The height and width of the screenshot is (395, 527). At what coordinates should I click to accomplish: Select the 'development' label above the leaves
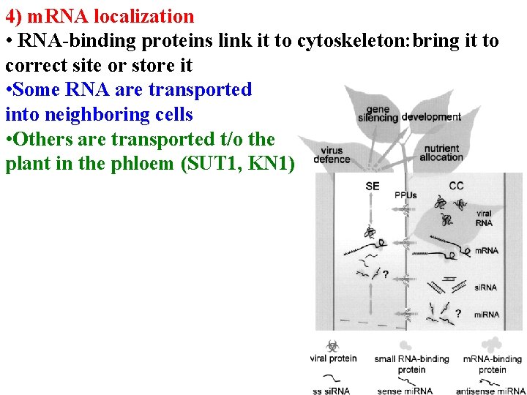point(431,117)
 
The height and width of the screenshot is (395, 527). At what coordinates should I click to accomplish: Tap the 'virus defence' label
point(332,155)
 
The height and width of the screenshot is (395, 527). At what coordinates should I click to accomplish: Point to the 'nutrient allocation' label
point(441,153)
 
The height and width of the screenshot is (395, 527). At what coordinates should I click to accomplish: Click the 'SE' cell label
point(373,186)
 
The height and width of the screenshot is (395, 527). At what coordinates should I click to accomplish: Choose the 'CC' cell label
point(456,186)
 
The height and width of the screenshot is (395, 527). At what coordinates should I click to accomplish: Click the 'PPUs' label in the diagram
point(405,195)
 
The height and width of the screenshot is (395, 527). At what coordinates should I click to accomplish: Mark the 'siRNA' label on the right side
point(485,287)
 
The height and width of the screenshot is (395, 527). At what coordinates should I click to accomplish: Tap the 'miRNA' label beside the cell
point(486,315)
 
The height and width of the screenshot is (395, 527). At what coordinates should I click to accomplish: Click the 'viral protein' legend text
point(333,358)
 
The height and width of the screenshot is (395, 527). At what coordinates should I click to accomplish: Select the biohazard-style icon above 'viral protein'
point(332,344)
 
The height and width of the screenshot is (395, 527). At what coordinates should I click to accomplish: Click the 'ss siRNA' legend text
point(331,391)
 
